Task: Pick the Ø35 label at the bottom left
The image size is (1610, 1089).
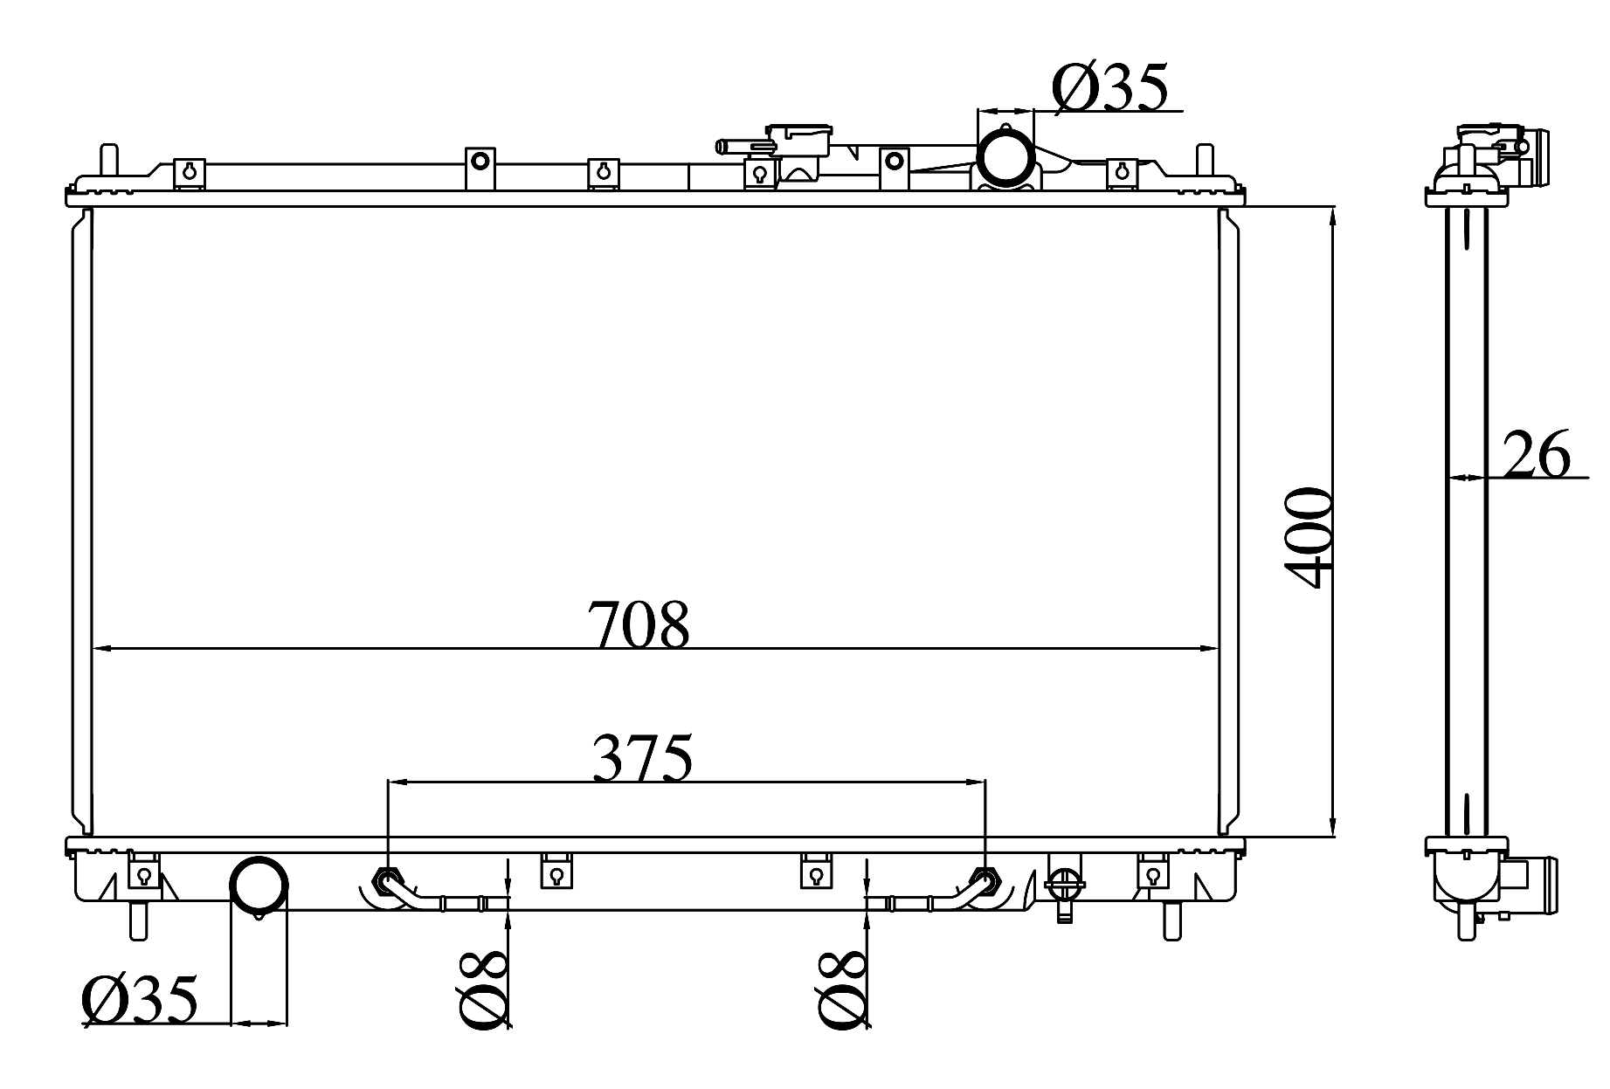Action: pos(140,999)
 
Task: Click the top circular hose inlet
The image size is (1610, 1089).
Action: pos(1005,155)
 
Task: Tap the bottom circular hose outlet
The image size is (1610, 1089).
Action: pos(258,886)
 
